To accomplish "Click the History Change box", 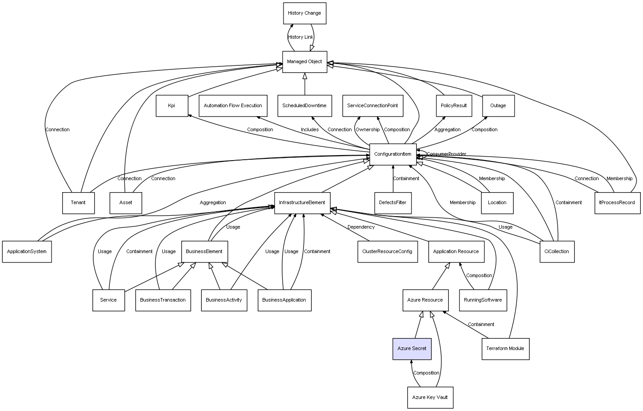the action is pos(304,13).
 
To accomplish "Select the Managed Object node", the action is pos(304,62).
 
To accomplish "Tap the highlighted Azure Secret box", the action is pos(412,349).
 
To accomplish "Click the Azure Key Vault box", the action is pos(430,398).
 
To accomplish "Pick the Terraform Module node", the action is pos(505,349).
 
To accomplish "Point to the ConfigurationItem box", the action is pos(393,154).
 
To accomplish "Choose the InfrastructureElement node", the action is pos(302,203).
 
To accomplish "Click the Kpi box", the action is pos(172,106).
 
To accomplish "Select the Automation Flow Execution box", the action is pos(233,106).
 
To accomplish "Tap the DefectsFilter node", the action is pos(393,203).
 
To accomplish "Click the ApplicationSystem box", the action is pos(27,252).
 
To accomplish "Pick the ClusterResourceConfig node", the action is pos(387,252).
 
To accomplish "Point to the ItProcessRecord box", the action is pos(617,203).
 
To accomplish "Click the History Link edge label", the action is pos(300,37).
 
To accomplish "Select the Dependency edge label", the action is pos(361,227).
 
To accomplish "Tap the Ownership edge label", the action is pos(367,129).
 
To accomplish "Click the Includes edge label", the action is pos(309,129).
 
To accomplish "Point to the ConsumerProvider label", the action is pos(447,154).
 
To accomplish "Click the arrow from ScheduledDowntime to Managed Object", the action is pos(305,84).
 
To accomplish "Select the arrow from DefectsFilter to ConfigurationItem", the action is pos(393,179).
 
